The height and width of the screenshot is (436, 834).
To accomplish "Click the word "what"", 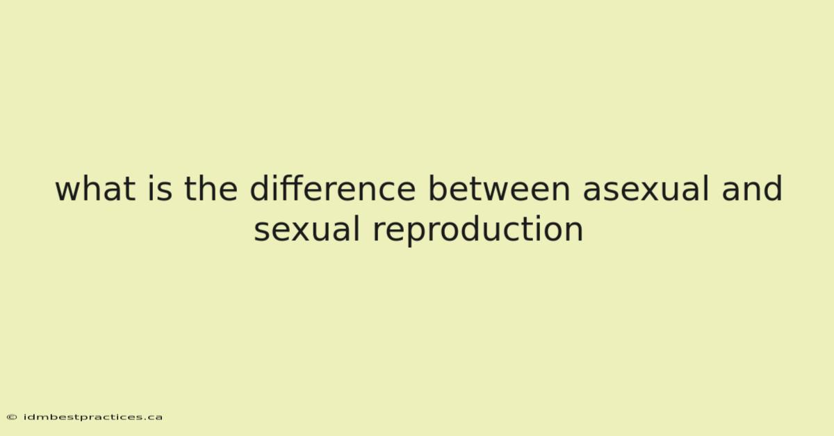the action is click(x=95, y=189).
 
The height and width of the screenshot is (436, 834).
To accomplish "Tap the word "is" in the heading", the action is click(x=160, y=189).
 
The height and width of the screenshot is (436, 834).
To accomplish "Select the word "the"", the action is click(x=211, y=189).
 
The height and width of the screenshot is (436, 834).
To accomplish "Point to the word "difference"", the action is click(x=332, y=189).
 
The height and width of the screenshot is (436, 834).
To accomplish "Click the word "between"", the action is click(x=499, y=189).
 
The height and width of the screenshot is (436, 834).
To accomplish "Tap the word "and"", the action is click(x=752, y=189).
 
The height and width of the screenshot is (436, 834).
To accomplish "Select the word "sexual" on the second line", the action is click(x=306, y=229).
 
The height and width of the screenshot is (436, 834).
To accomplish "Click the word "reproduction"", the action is click(x=477, y=230).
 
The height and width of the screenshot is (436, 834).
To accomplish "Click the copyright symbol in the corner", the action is click(x=12, y=417).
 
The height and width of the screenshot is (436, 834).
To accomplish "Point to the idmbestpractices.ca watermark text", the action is click(x=93, y=417).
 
